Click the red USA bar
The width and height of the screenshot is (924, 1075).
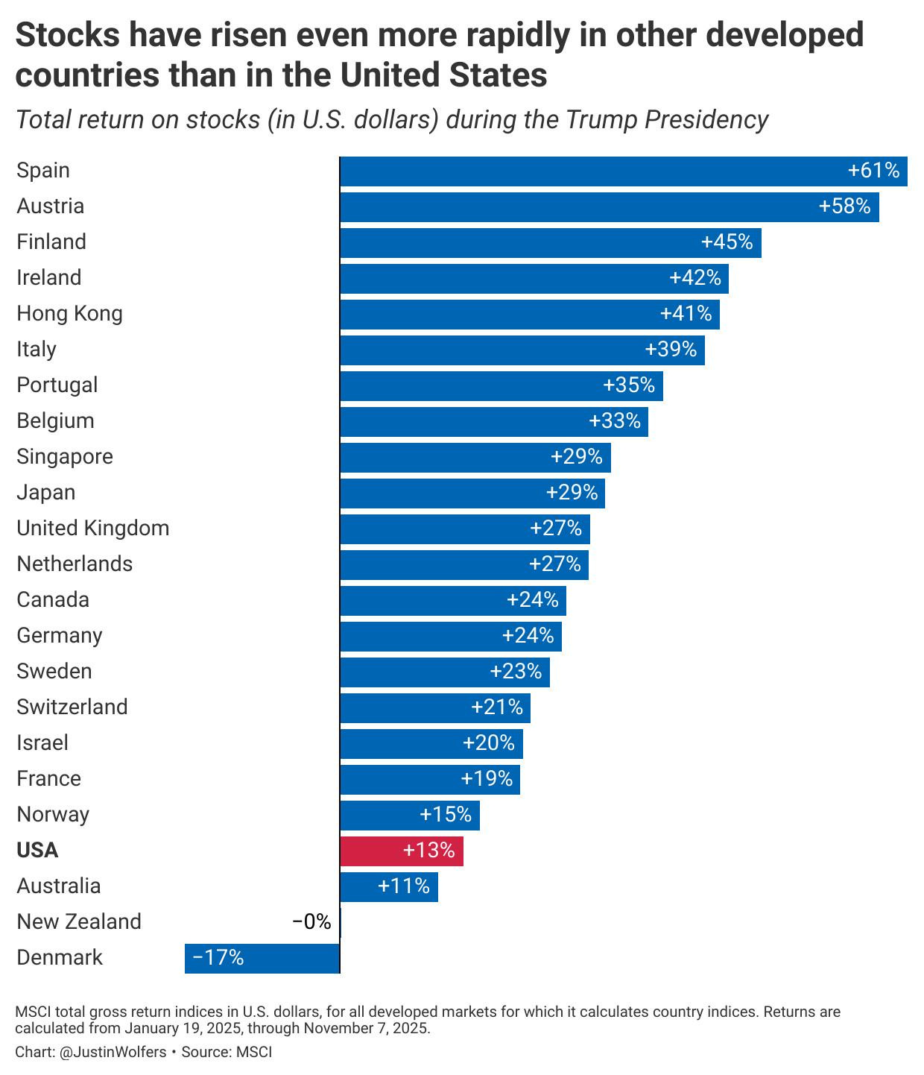click(x=401, y=851)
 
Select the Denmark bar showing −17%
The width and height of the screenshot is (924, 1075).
click(x=262, y=958)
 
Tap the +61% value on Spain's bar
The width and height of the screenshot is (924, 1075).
click(x=873, y=171)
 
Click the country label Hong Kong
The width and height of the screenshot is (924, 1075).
click(x=69, y=314)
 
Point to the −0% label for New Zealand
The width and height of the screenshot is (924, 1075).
click(x=311, y=922)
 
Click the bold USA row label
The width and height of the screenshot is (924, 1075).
click(x=37, y=851)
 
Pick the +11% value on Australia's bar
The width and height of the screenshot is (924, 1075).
click(x=404, y=886)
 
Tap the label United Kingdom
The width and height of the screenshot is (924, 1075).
click(x=93, y=529)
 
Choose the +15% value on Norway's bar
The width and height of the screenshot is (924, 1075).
click(x=446, y=815)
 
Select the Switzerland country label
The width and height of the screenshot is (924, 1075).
click(x=72, y=707)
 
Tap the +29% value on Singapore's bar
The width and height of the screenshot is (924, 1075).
click(x=576, y=457)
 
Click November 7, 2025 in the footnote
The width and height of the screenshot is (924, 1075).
click(x=366, y=1029)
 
